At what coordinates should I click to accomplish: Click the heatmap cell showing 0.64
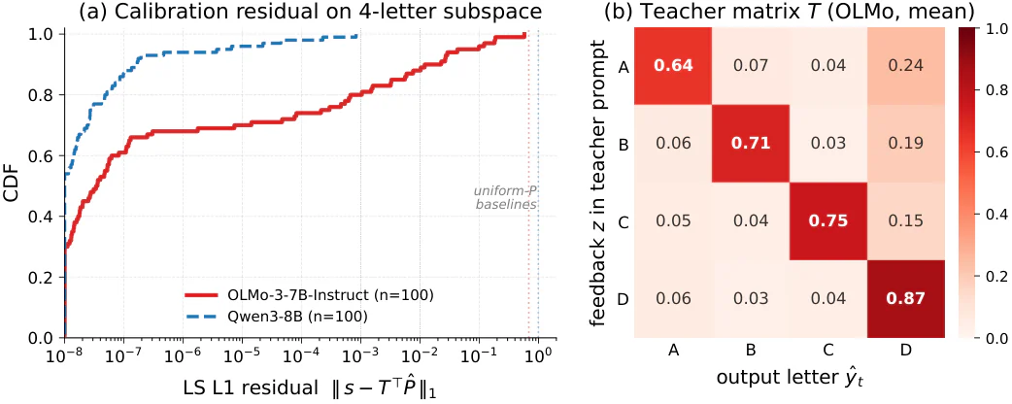pyautogui.click(x=673, y=66)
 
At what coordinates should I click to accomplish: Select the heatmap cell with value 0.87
pyautogui.click(x=906, y=299)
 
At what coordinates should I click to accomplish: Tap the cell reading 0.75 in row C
pyautogui.click(x=828, y=221)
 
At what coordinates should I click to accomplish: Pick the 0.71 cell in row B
pyautogui.click(x=751, y=144)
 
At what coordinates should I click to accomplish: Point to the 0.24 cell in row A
pyautogui.click(x=906, y=66)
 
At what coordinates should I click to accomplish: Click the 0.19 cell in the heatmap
pyautogui.click(x=906, y=144)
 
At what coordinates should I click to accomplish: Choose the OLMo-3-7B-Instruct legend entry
pyautogui.click(x=308, y=295)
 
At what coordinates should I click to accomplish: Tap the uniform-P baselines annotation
pyautogui.click(x=505, y=197)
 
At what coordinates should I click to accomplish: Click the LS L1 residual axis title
pyautogui.click(x=310, y=388)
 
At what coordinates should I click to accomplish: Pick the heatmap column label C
pyautogui.click(x=828, y=350)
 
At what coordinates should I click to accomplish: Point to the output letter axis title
pyautogui.click(x=790, y=378)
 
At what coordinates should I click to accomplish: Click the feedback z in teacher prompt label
pyautogui.click(x=600, y=184)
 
